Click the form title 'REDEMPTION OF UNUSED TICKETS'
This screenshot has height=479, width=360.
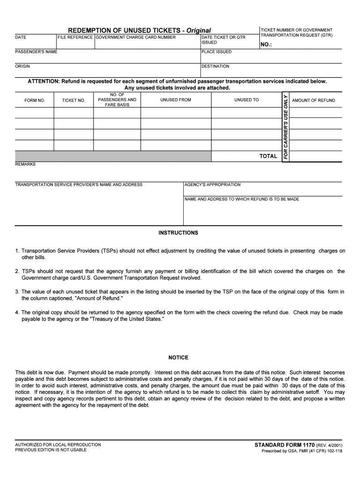click(x=126, y=30)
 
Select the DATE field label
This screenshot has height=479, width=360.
click(x=21, y=37)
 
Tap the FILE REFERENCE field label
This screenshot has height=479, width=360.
click(x=75, y=37)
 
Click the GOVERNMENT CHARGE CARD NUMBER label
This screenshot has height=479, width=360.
click(x=136, y=37)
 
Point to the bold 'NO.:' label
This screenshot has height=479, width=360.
click(x=266, y=45)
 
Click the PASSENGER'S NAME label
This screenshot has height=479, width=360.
click(x=36, y=52)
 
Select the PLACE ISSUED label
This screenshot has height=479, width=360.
click(x=216, y=52)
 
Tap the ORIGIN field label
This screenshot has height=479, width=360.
click(x=22, y=66)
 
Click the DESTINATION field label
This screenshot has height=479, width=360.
click(x=215, y=66)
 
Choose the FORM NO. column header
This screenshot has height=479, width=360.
click(x=35, y=101)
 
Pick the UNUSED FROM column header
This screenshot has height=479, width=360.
click(x=175, y=100)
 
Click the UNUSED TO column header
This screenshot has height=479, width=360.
click(x=246, y=100)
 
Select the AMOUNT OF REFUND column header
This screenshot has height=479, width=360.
click(x=313, y=101)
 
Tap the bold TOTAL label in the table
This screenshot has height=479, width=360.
click(x=268, y=156)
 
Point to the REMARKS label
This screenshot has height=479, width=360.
click(x=25, y=164)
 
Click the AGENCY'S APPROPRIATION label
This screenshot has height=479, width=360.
click(x=212, y=185)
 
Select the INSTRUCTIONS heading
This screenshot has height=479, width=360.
click(x=178, y=233)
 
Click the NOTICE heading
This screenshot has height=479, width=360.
click(x=178, y=358)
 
